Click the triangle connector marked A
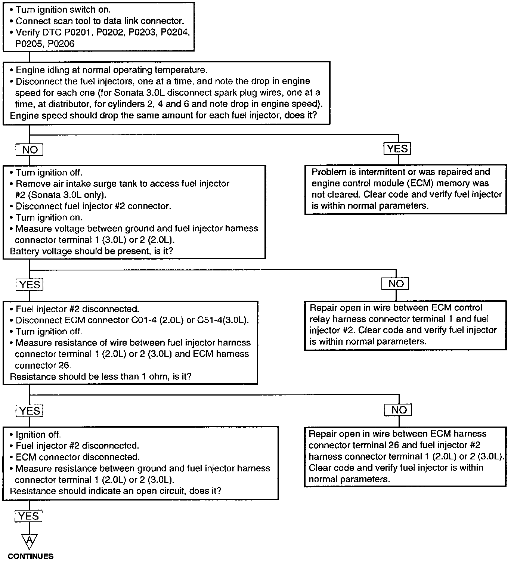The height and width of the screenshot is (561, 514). [x=29, y=540]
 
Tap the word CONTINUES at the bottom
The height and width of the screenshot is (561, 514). [x=31, y=556]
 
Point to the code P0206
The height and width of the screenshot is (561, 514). [x=61, y=44]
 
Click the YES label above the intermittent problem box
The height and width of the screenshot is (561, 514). [x=397, y=149]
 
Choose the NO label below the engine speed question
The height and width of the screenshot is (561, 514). [x=30, y=150]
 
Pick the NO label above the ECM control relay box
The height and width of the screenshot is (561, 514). [x=396, y=284]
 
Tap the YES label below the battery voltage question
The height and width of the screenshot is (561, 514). [x=30, y=285]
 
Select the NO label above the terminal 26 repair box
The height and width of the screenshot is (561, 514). [x=399, y=410]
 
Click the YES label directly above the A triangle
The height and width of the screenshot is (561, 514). [x=29, y=516]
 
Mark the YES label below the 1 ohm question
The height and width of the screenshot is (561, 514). [x=30, y=411]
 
